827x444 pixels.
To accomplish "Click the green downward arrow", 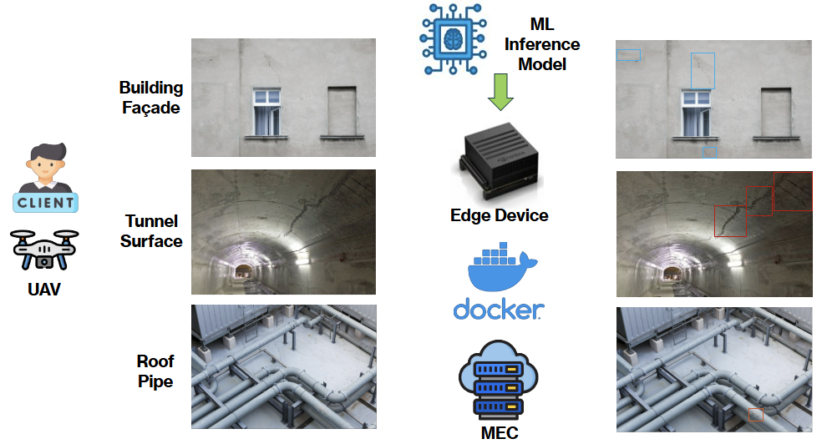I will [500, 92].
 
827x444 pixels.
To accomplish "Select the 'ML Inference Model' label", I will [542, 43].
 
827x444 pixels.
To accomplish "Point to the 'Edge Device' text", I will [500, 215].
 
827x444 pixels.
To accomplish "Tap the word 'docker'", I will [499, 310].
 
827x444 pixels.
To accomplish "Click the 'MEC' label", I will [500, 432].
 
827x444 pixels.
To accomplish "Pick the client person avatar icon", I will [47, 167].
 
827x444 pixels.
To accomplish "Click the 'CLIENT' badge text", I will [47, 202].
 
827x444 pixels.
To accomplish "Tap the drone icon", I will [46, 250].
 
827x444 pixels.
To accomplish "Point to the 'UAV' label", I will [46, 290].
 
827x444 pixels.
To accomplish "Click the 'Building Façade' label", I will [151, 98].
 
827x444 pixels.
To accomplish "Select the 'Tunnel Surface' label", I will [151, 231].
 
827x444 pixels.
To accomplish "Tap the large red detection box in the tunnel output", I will [792, 191].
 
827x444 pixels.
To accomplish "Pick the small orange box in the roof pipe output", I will [755, 415].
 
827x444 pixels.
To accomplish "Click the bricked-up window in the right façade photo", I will [775, 112].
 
